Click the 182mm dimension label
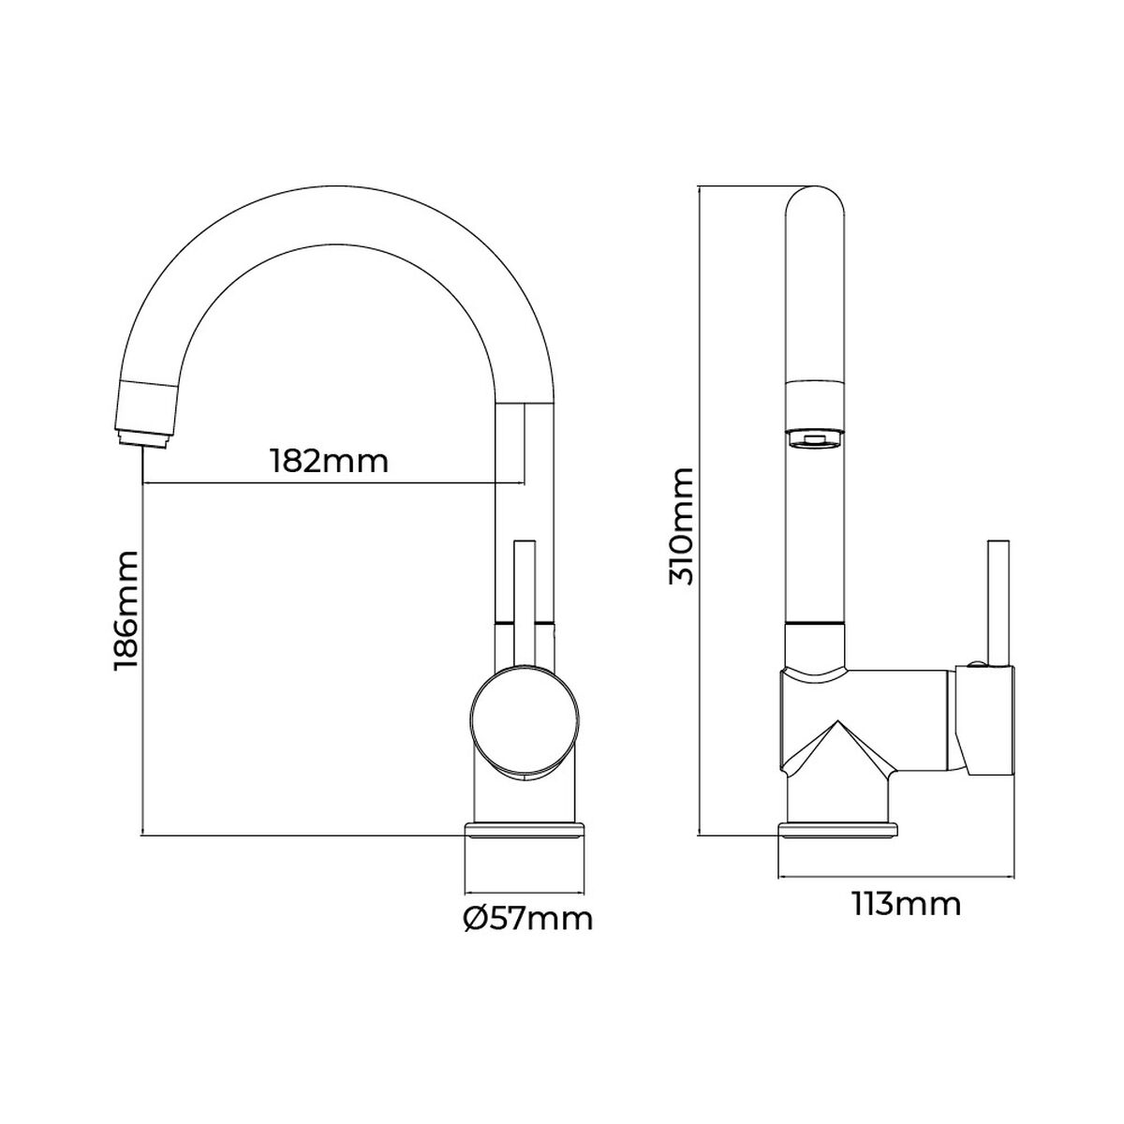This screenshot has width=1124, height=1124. pos(328,462)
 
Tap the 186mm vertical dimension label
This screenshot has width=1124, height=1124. pos(126,611)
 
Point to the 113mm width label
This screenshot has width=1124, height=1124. pos(906,905)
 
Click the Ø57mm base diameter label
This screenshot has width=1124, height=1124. pos(528,919)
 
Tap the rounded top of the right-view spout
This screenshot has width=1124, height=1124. pos(815,201)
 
